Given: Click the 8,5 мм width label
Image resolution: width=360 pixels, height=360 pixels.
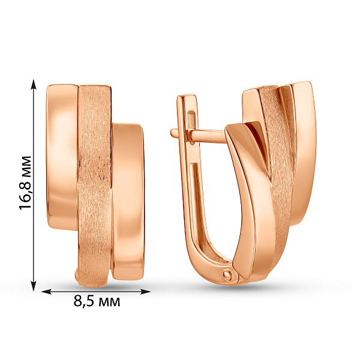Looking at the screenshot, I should click(97, 301).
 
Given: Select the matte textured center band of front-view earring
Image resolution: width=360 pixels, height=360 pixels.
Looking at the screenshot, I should click(95, 180).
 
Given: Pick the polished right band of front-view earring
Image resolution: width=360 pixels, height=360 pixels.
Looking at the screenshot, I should click(128, 198).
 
